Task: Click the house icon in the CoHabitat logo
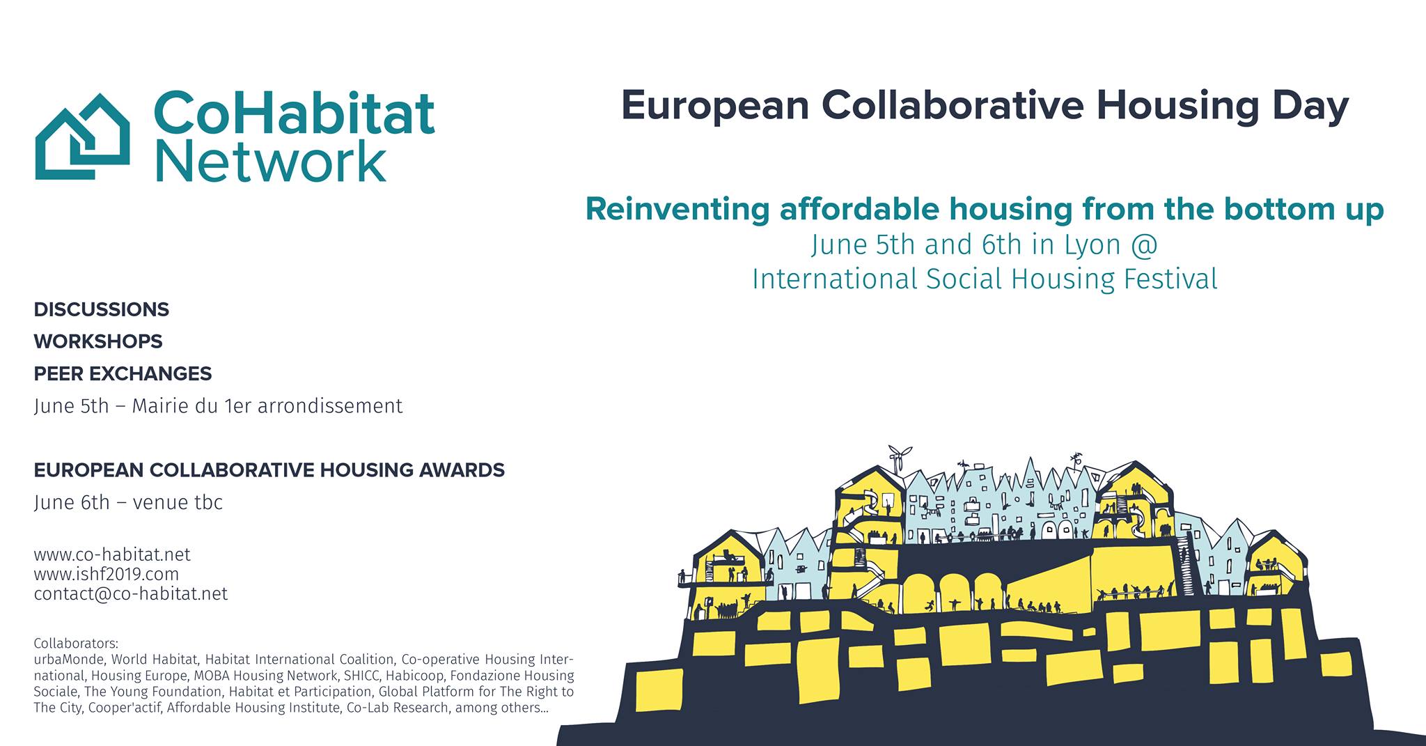[82, 137]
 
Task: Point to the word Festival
[1170, 279]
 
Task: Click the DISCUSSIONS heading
[102, 309]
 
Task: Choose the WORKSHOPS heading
[98, 341]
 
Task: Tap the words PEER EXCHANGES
[123, 373]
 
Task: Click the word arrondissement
[329, 405]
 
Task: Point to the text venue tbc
[178, 502]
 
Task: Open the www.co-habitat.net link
[112, 554]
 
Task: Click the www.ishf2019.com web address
[107, 574]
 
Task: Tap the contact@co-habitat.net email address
[131, 593]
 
